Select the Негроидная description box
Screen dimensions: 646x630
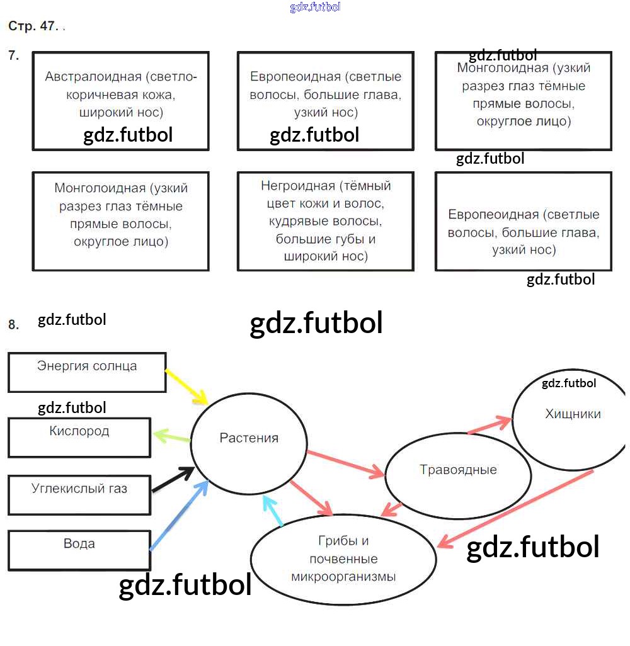(326, 221)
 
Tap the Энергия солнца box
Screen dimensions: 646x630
(87, 372)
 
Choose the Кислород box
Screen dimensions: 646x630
(79, 437)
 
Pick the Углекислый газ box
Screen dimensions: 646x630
(79, 494)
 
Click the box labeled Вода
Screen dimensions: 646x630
(79, 550)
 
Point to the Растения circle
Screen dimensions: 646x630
(249, 439)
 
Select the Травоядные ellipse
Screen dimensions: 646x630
(458, 470)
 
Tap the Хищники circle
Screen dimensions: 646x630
(572, 415)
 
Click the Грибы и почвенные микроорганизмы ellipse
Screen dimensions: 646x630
(343, 558)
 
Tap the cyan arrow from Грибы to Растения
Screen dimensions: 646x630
(273, 511)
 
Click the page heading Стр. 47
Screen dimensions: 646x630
(33, 26)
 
